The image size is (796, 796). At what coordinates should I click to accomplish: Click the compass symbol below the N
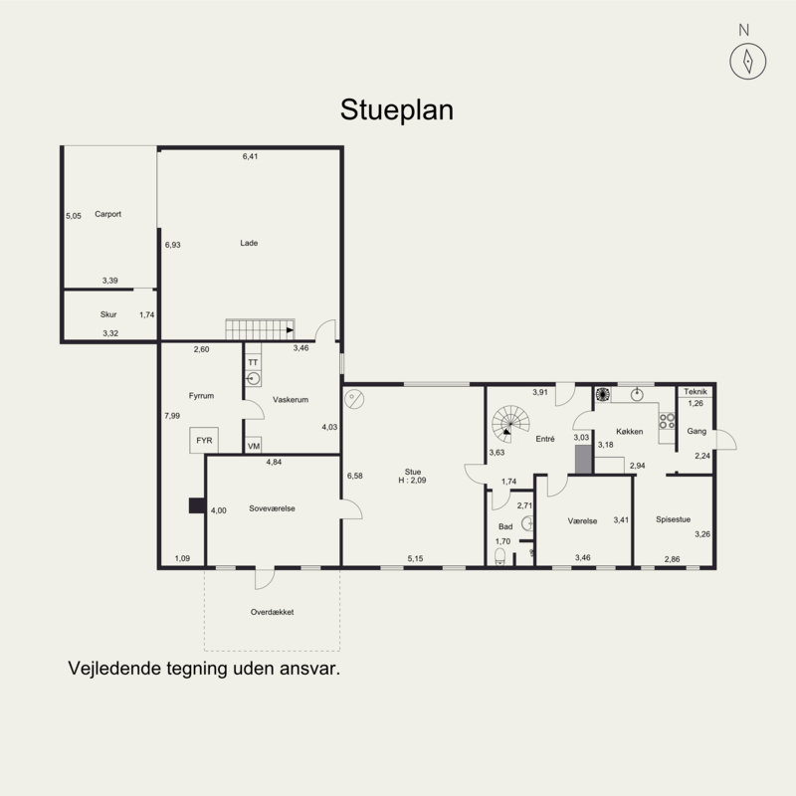pyautogui.click(x=748, y=62)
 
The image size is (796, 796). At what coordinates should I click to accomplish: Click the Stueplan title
pyautogui.click(x=396, y=109)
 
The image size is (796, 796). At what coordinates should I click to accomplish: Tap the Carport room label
pyautogui.click(x=108, y=214)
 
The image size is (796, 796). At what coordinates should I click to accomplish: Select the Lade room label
pyautogui.click(x=249, y=243)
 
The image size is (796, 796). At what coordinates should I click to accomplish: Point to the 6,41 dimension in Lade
pyautogui.click(x=251, y=156)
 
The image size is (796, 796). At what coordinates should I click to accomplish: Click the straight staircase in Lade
pyautogui.click(x=260, y=329)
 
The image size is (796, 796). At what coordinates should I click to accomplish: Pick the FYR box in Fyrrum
pyautogui.click(x=204, y=441)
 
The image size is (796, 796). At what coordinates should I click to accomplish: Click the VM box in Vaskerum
pyautogui.click(x=254, y=445)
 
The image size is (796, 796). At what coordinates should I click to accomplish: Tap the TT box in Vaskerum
pyautogui.click(x=253, y=362)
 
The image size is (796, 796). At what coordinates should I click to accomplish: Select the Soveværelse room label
pyautogui.click(x=272, y=508)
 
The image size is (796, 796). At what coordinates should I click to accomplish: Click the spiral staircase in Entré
pyautogui.click(x=510, y=424)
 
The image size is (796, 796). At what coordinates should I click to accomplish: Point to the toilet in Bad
pyautogui.click(x=500, y=556)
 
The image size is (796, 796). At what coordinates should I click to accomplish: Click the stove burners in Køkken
pyautogui.click(x=667, y=421)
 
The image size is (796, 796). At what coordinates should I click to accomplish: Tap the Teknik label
pyautogui.click(x=696, y=391)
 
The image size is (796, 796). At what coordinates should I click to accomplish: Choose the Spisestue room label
pyautogui.click(x=674, y=519)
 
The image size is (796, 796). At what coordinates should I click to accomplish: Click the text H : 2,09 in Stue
pyautogui.click(x=412, y=481)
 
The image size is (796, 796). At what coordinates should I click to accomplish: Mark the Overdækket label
pyautogui.click(x=272, y=612)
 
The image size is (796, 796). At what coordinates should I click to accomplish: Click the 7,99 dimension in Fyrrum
pyautogui.click(x=172, y=416)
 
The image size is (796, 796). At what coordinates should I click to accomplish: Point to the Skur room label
pyautogui.click(x=108, y=314)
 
